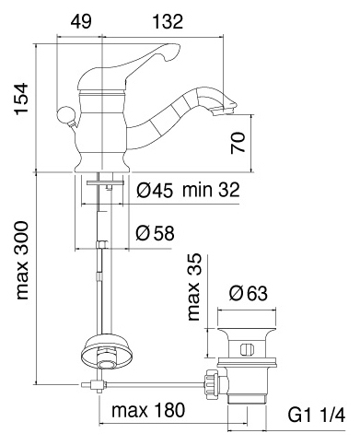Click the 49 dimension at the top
click(x=81, y=22)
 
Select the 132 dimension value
click(x=168, y=22)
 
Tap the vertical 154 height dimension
click(x=22, y=100)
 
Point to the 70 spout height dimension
click(x=238, y=143)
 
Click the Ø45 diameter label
click(x=155, y=190)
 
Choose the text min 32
click(x=211, y=190)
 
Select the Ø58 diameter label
click(x=155, y=233)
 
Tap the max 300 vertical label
click(x=22, y=260)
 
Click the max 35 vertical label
click(x=194, y=287)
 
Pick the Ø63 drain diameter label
click(x=248, y=294)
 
